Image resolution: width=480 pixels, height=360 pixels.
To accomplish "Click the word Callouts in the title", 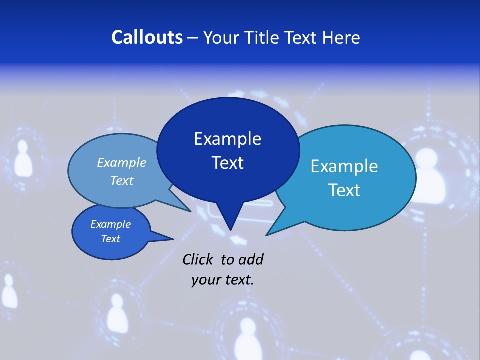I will pos(147,37).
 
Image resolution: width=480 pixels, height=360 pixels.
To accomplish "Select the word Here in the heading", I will pos(341,37).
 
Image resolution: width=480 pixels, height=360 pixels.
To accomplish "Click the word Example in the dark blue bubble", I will pos(227,139).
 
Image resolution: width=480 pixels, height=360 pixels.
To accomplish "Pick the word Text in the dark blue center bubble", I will pos(227,163).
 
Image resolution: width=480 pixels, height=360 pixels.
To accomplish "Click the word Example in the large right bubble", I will pos(344,166).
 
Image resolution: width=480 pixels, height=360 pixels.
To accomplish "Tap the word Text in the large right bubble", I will pos(344,190).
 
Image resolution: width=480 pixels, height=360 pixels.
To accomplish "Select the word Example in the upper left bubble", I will pos(122,163).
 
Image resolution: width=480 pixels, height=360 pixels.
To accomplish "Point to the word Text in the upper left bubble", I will pos(122,180).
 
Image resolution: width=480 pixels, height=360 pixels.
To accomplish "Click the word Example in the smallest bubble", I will pos(111,224).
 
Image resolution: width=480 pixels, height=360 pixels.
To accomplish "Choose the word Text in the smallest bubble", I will pos(111,239).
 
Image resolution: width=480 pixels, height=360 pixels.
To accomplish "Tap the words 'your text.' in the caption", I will pos(223,280).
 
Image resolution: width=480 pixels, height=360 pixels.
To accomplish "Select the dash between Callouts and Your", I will pos(193,38).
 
